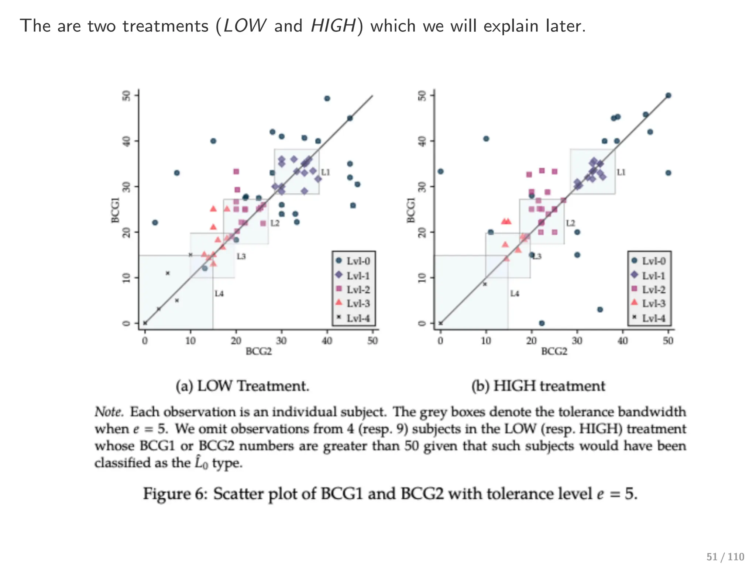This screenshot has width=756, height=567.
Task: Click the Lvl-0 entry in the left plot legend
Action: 354,261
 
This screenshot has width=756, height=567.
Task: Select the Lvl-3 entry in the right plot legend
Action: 649,303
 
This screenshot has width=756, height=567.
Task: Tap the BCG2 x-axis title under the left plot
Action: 258,351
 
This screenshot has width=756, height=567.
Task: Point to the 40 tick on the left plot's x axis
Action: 327,340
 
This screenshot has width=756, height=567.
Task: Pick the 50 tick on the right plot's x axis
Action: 668,340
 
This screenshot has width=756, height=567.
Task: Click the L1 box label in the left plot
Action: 325,172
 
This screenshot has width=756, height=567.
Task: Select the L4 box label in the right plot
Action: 515,293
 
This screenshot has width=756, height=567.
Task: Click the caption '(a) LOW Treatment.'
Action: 242,386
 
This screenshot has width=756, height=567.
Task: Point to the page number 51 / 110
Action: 725,557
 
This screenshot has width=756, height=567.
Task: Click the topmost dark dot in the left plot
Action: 327,99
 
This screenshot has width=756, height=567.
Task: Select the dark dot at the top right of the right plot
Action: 668,96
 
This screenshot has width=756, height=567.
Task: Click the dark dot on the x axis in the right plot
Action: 542,323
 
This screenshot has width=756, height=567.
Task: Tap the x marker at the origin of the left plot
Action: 145,323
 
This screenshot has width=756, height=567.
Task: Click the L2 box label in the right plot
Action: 570,223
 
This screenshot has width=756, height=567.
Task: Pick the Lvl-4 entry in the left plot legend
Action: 354,318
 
